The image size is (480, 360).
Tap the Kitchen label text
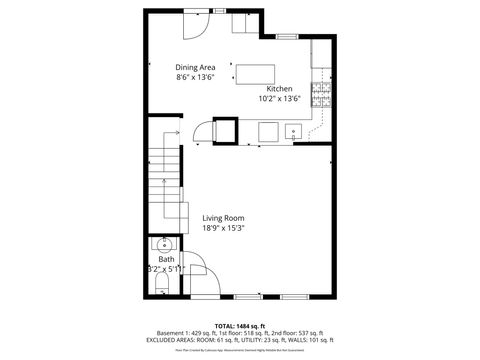pyautogui.click(x=279, y=89)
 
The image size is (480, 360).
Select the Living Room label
pyautogui.click(x=223, y=218)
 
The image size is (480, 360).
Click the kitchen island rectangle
pyautogui.click(x=256, y=73)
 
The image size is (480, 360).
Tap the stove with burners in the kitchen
pyautogui.click(x=323, y=92)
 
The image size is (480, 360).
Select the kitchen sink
pyautogui.click(x=295, y=130)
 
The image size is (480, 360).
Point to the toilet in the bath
pyautogui.click(x=164, y=288)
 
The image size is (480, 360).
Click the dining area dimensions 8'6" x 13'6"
pyautogui.click(x=196, y=76)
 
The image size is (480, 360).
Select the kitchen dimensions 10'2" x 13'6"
pyautogui.click(x=279, y=99)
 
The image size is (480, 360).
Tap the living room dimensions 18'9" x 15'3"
pyautogui.click(x=223, y=228)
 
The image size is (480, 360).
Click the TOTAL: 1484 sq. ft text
pyautogui.click(x=238, y=326)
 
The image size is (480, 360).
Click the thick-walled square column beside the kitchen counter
pyautogui.click(x=226, y=131)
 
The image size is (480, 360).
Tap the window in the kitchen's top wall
pyautogui.click(x=287, y=37)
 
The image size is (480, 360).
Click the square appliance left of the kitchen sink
pyautogui.click(x=268, y=131)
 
